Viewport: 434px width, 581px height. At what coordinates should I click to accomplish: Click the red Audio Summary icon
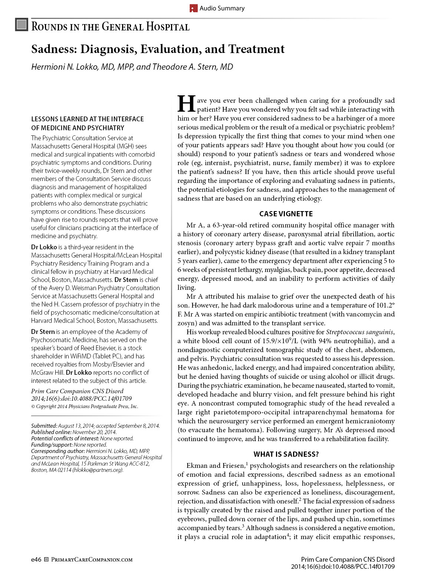(193, 8)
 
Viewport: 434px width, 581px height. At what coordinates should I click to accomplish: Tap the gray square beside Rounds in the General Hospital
(22, 25)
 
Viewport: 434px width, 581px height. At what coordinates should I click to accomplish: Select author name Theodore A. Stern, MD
(193, 67)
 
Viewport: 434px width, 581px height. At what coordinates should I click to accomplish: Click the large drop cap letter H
(186, 104)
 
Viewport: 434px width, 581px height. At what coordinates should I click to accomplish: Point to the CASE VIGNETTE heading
(286, 214)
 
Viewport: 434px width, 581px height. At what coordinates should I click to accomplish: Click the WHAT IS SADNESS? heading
(286, 454)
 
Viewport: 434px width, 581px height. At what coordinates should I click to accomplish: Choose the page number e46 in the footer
(36, 559)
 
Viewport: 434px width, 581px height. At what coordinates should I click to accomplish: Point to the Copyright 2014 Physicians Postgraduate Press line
(85, 406)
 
